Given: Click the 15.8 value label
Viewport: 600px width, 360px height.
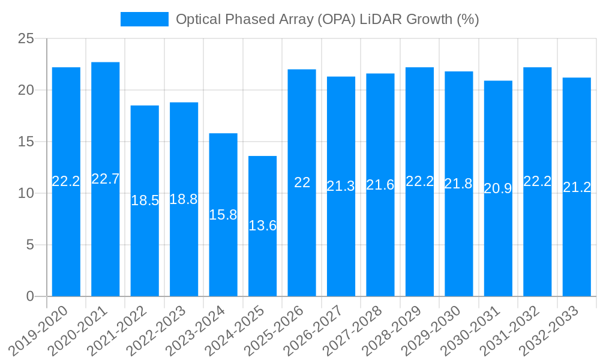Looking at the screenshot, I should (x=223, y=215).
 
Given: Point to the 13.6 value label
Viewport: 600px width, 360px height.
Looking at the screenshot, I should (x=262, y=226).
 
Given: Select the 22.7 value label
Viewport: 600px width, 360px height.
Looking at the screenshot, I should (x=105, y=179).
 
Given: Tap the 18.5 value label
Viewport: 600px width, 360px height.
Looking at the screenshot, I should (x=145, y=200).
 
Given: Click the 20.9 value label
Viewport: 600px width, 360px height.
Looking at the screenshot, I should (x=498, y=188).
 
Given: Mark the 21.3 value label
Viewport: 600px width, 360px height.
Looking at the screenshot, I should (x=341, y=186).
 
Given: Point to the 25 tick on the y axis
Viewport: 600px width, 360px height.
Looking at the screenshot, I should (x=27, y=39).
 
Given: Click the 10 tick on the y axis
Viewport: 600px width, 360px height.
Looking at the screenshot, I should (x=27, y=193).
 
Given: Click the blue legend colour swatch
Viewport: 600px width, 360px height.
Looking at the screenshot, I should (x=144, y=19).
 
